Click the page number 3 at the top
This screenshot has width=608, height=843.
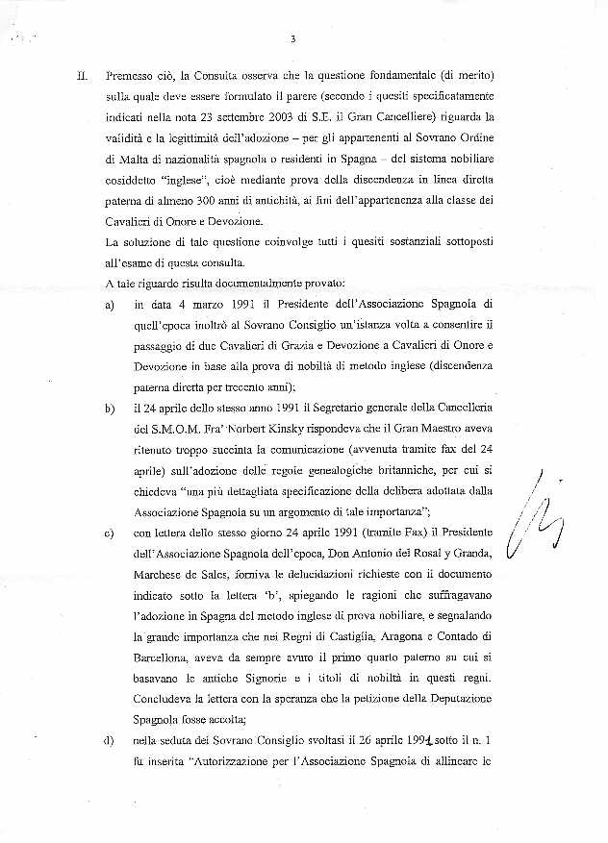[291, 39]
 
